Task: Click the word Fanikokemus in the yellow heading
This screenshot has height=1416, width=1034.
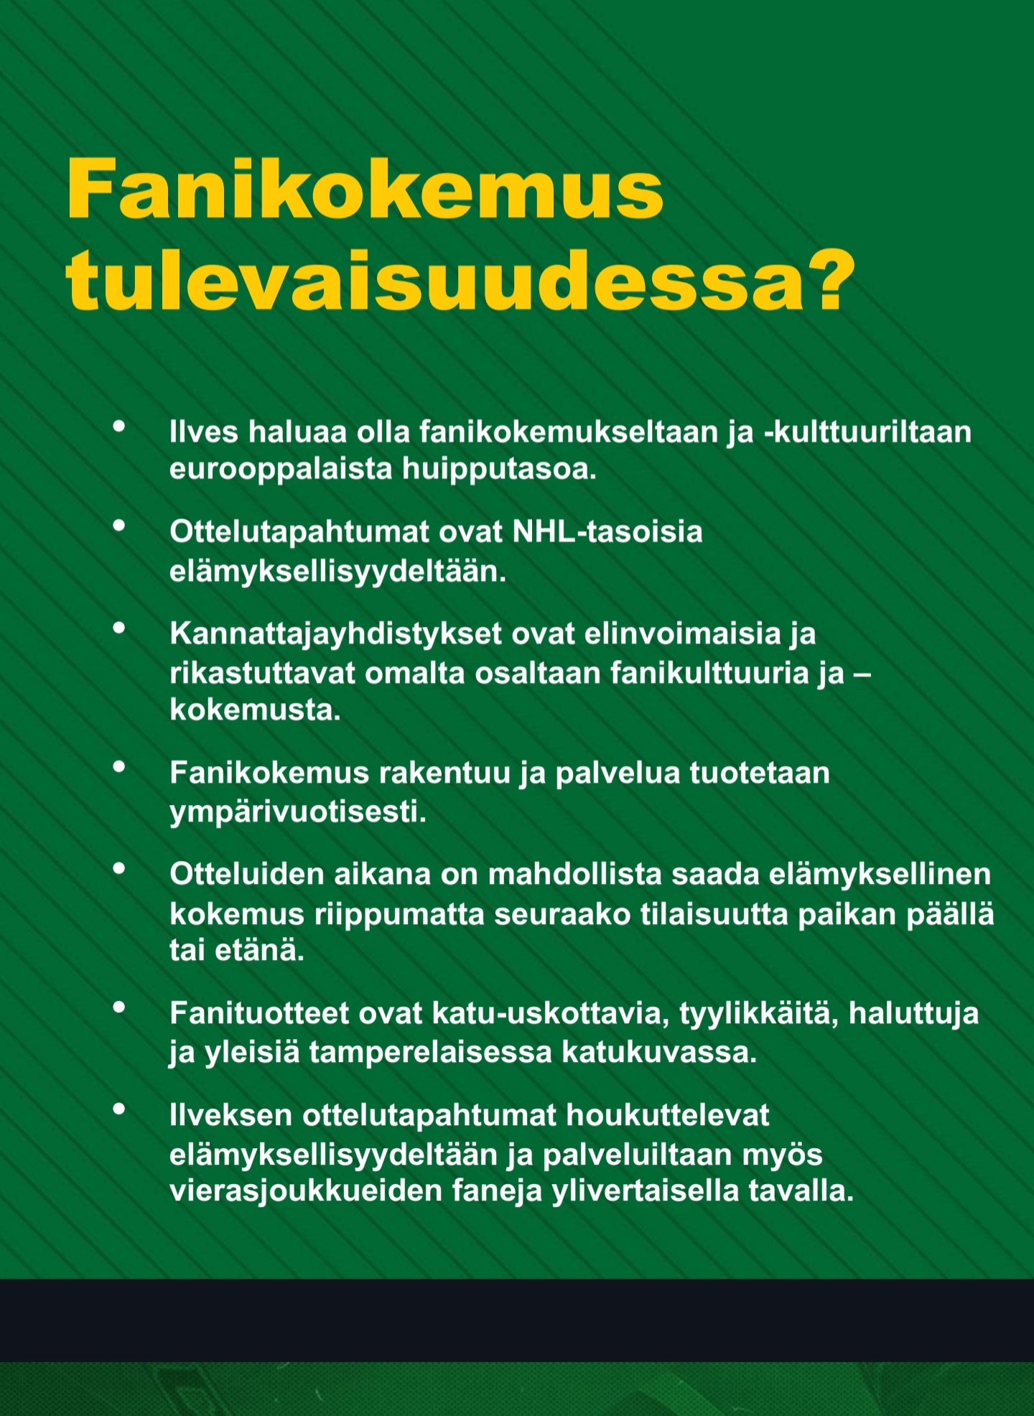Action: coord(365,189)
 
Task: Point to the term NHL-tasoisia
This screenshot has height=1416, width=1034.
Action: coord(607,532)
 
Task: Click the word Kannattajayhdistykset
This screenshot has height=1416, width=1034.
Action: coord(335,634)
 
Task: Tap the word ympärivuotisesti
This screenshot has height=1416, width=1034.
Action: coord(297,812)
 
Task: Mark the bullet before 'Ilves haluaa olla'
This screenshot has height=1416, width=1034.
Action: coord(119,426)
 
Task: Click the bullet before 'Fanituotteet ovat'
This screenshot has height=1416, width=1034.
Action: coord(119,1007)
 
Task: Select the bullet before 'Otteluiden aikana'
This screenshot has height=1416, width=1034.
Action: coord(119,869)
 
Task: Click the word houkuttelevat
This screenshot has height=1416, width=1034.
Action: coord(667,1115)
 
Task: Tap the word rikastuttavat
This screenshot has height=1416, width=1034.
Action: coord(262,674)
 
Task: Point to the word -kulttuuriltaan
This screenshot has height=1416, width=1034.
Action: coord(867,432)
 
